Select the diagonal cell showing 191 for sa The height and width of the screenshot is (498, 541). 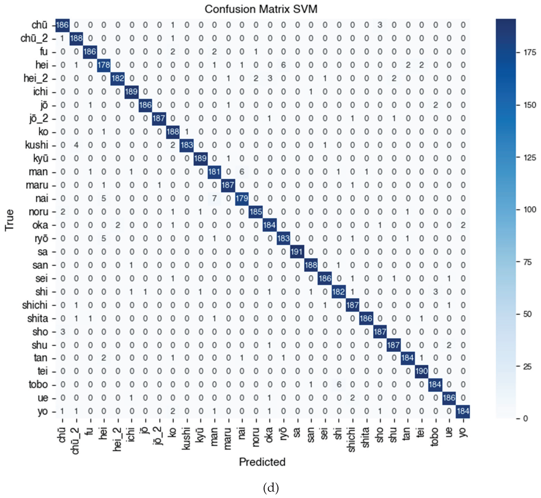[297, 252]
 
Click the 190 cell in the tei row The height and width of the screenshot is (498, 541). [421, 371]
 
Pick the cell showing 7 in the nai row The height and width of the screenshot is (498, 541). [214, 198]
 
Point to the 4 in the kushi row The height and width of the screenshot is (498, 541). [76, 145]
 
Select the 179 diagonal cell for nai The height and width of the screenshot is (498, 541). [242, 198]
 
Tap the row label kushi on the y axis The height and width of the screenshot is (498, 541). [36, 145]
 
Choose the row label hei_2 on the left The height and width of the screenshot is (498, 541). [36, 78]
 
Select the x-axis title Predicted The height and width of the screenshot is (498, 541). [262, 462]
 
